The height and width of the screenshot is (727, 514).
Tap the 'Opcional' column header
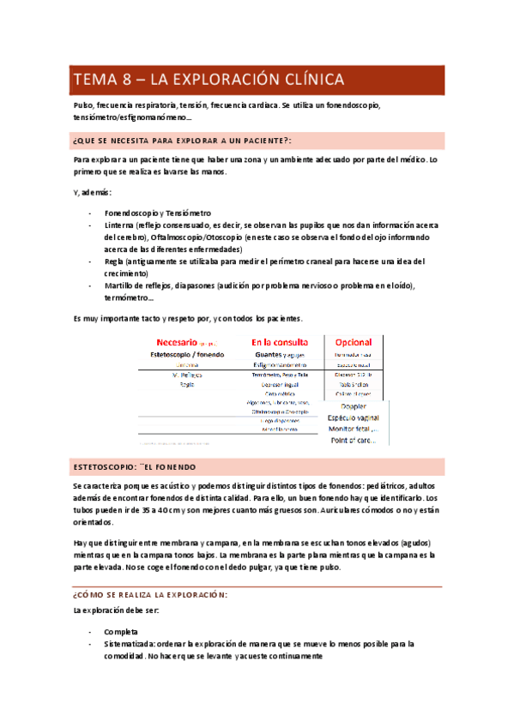tap(354, 341)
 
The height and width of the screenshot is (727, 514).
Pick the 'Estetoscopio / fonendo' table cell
tap(187, 353)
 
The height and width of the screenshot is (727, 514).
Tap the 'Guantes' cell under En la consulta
tap(271, 353)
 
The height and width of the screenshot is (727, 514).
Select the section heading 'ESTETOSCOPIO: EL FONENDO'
tap(134, 467)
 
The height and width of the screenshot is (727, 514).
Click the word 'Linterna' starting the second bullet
tap(121, 225)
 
